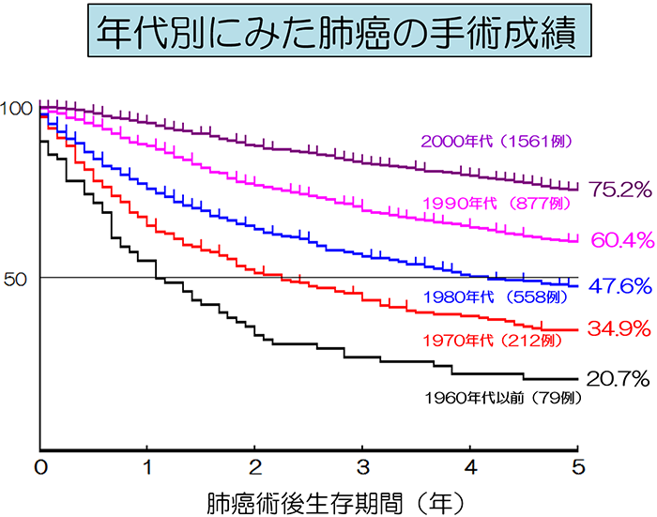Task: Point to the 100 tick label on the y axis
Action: (16, 108)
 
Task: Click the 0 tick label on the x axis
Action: (40, 467)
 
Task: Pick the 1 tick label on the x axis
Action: (147, 467)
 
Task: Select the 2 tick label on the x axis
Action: (255, 467)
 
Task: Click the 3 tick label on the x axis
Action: (363, 467)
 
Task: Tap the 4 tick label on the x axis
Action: (470, 467)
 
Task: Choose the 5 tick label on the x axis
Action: (578, 467)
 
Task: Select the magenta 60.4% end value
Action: (620, 240)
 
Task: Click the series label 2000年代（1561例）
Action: (497, 142)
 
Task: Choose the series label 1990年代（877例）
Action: (497, 203)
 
